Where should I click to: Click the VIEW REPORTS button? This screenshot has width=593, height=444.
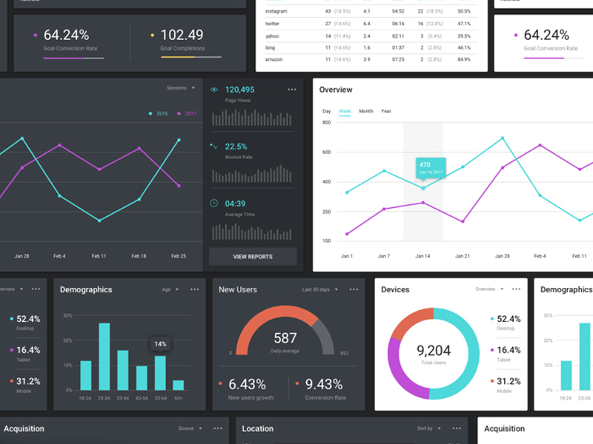pyautogui.click(x=253, y=257)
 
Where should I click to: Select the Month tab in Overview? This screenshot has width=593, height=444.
pyautogui.click(x=366, y=111)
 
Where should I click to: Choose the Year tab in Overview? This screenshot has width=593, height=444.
pyautogui.click(x=386, y=111)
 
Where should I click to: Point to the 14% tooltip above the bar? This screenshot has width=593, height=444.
pyautogui.click(x=160, y=344)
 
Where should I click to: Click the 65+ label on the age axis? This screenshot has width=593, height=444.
pyautogui.click(x=178, y=398)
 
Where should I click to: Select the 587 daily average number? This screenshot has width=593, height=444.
pyautogui.click(x=285, y=338)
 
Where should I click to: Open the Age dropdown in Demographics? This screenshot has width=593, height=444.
pyautogui.click(x=170, y=289)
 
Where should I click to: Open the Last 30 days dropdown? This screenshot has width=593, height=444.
pyautogui.click(x=319, y=289)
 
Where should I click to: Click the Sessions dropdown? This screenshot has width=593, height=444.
pyautogui.click(x=180, y=88)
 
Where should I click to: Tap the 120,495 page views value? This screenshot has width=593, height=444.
pyautogui.click(x=239, y=90)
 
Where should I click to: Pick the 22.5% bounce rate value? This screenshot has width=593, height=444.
pyautogui.click(x=236, y=147)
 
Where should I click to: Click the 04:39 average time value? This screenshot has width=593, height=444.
pyautogui.click(x=235, y=203)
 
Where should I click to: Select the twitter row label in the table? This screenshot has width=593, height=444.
pyautogui.click(x=272, y=24)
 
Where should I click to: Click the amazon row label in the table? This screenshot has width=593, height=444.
pyautogui.click(x=273, y=58)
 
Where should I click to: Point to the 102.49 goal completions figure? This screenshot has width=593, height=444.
pyautogui.click(x=182, y=35)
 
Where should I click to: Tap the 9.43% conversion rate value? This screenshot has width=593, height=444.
pyautogui.click(x=324, y=384)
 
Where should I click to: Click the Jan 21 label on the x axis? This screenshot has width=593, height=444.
pyautogui.click(x=462, y=256)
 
